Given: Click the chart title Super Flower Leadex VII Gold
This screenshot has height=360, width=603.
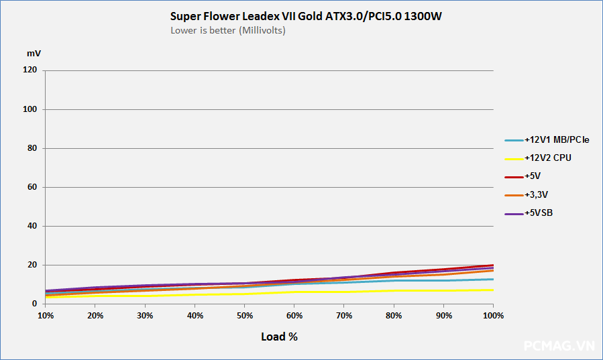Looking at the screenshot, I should (306, 17).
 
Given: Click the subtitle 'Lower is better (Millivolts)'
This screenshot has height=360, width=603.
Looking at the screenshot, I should (228, 30).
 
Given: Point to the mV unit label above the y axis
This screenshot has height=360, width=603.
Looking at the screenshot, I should (34, 52).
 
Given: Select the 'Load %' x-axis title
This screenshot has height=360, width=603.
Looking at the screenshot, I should (279, 337).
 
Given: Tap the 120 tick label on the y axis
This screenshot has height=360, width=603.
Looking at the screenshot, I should (31, 70).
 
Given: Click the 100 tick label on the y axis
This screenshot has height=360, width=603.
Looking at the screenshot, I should (31, 109).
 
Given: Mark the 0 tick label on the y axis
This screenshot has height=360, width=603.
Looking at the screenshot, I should (36, 304).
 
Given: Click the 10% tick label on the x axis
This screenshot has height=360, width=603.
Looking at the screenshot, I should (46, 316).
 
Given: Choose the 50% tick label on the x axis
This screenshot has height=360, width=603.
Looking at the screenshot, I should (245, 316).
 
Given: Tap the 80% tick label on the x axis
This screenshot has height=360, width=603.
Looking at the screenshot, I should (394, 316).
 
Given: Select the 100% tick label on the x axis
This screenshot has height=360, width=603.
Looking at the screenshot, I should (494, 316).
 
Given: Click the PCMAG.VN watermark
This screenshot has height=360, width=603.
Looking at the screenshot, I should (559, 346).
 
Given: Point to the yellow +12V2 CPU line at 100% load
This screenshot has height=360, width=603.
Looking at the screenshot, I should (493, 290).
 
